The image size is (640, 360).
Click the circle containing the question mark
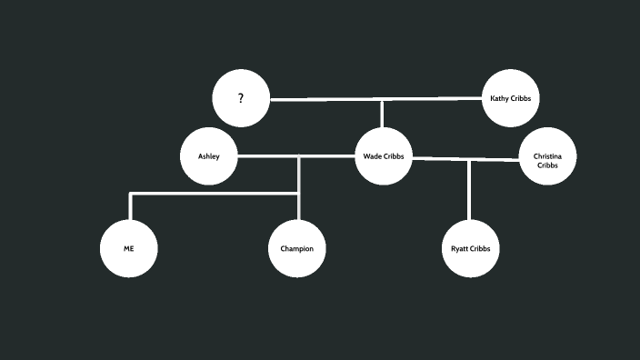(x=241, y=98)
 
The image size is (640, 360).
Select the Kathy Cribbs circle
(x=510, y=98)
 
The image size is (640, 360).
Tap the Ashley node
(x=209, y=156)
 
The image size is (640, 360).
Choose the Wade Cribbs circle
(x=383, y=156)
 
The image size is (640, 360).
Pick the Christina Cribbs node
(x=547, y=156)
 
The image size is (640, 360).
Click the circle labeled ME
(x=128, y=247)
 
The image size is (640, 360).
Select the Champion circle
(x=297, y=247)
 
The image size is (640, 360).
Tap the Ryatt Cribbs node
(x=470, y=247)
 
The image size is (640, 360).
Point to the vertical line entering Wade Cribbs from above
(x=382, y=114)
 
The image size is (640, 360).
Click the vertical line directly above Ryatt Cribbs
(x=469, y=191)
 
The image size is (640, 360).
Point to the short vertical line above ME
(x=131, y=206)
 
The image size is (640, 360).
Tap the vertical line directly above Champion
(x=298, y=207)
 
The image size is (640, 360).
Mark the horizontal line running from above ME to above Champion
(x=214, y=194)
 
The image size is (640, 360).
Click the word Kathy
(x=499, y=98)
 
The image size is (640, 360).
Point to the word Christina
(x=547, y=156)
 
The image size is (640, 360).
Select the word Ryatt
(x=458, y=248)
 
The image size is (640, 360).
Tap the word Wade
(x=372, y=156)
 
